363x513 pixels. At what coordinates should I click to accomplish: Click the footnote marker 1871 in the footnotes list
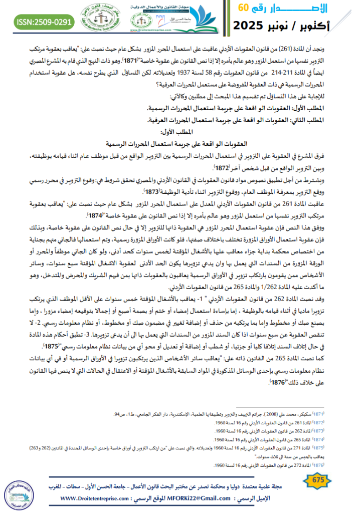click(348, 415)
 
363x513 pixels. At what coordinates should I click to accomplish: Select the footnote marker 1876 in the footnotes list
click(348, 465)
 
